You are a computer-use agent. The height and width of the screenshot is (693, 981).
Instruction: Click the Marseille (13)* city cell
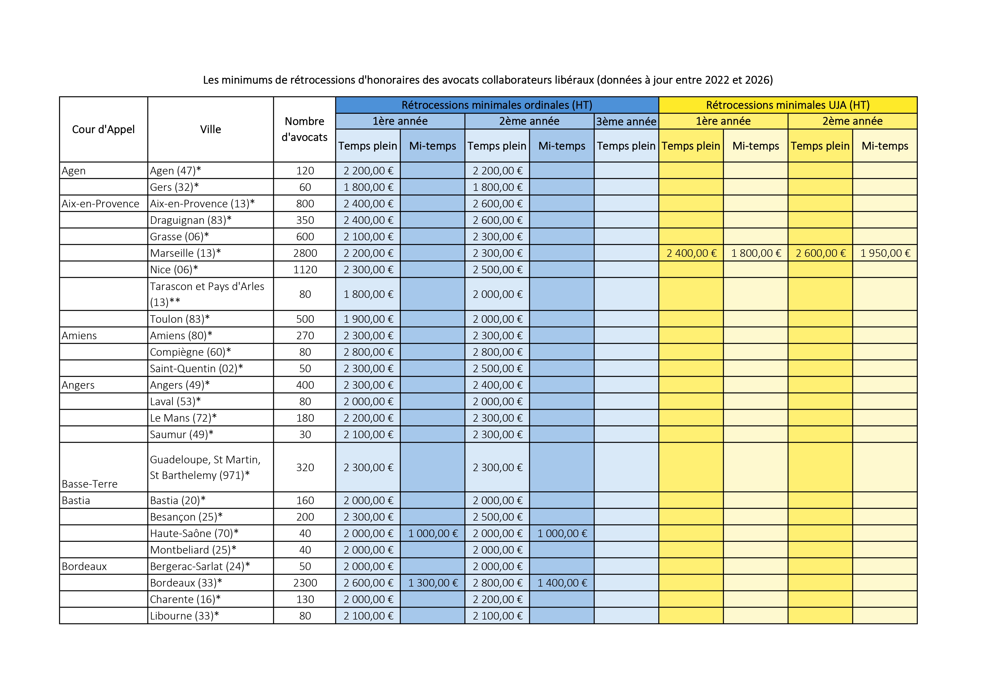[x=185, y=253]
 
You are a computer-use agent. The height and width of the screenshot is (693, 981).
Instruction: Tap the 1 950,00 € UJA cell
[x=885, y=253]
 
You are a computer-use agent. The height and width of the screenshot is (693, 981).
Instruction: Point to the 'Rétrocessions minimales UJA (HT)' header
[x=787, y=105]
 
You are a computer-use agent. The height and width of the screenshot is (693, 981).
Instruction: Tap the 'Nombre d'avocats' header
[x=304, y=129]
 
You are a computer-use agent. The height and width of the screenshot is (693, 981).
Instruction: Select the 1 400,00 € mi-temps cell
[x=562, y=583]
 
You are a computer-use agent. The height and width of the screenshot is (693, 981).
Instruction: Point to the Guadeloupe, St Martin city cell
[x=205, y=467]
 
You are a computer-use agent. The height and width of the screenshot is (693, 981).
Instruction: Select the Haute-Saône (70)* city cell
[x=194, y=533]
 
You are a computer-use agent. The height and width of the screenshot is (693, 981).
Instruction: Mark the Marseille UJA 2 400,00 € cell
[x=691, y=253]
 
